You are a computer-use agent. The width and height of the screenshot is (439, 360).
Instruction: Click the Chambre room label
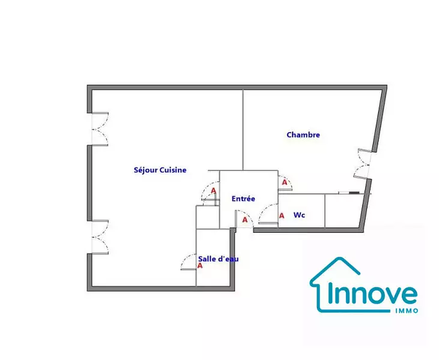(303, 135)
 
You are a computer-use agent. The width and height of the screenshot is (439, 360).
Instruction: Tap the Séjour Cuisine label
(160, 170)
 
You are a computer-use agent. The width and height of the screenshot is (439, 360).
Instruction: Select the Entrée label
(243, 199)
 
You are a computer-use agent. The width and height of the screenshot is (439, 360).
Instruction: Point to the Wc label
(299, 215)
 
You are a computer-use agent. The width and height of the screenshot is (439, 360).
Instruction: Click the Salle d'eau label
(219, 259)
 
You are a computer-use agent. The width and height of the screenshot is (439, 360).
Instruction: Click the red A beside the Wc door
(282, 215)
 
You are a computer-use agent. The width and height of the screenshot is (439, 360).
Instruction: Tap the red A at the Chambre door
(285, 182)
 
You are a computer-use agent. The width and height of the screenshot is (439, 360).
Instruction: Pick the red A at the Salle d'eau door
(200, 266)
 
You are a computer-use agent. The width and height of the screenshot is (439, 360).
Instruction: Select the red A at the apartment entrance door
(245, 220)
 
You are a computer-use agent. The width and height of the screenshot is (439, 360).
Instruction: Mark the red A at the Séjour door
(214, 191)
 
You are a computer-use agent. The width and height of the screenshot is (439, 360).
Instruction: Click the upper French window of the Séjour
(100, 129)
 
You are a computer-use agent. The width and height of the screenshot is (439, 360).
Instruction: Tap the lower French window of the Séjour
(100, 237)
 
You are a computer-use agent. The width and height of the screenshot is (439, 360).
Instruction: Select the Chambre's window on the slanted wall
(364, 164)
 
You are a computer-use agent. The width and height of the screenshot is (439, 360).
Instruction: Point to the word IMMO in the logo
(407, 311)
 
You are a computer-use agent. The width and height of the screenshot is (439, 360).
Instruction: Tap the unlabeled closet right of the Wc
(344, 211)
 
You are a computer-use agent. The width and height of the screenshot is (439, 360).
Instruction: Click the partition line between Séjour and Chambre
(243, 130)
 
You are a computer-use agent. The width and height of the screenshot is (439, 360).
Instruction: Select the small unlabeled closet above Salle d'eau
(208, 217)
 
